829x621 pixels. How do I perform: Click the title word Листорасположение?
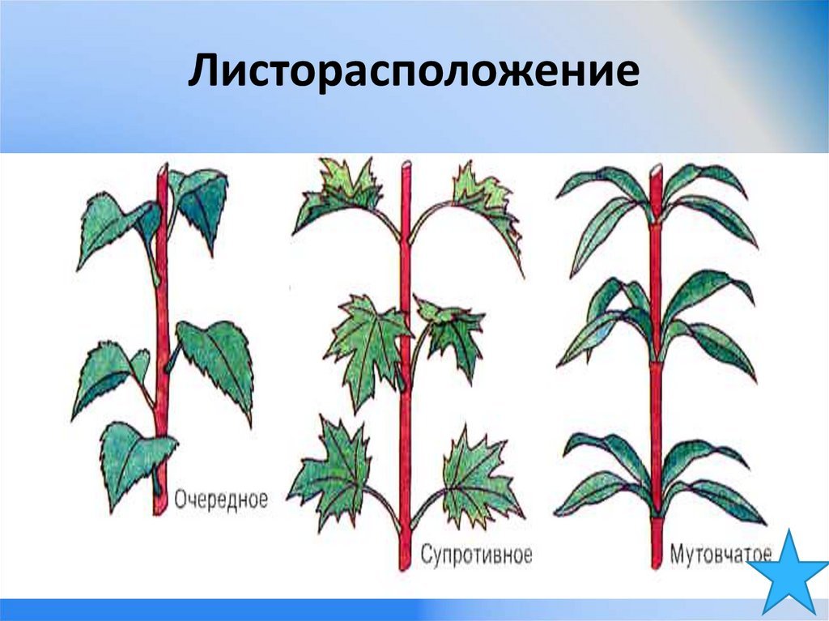click(x=414, y=71)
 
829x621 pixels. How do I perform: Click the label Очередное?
click(x=221, y=499)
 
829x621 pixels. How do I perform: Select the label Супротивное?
click(x=476, y=555)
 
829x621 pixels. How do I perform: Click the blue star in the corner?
click(x=789, y=573)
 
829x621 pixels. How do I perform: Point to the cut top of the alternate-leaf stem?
click(x=162, y=168)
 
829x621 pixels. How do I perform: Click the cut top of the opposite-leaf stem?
click(x=406, y=165)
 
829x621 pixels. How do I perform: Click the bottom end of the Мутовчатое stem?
click(x=656, y=566)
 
